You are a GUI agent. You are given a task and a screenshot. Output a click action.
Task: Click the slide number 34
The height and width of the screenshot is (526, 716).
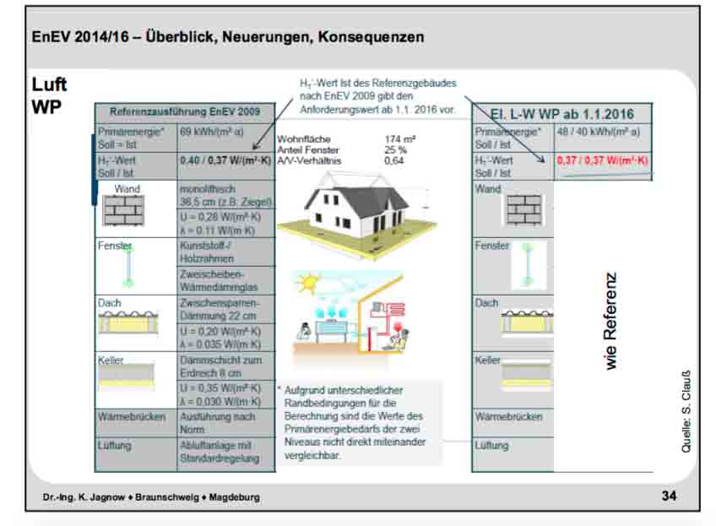coord(669,496)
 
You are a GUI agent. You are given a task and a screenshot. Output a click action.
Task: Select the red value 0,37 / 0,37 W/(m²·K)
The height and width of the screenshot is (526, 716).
coord(601,160)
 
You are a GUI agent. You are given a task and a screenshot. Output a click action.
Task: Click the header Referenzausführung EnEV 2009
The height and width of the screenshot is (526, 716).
coord(185,112)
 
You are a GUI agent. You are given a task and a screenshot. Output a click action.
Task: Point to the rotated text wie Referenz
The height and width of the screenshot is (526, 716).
coord(610,320)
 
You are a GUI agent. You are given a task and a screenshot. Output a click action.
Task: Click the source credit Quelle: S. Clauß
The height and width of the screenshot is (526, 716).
coord(686,411)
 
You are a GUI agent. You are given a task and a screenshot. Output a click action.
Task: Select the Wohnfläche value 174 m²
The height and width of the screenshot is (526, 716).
coord(400,138)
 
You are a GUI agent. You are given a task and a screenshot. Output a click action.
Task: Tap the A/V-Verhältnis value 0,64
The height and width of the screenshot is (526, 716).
coord(393,160)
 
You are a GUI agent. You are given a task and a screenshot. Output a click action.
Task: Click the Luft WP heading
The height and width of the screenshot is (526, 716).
coord(49,96)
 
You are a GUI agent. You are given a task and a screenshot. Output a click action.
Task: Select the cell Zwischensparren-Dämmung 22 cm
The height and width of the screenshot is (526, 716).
coord(223,309)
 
